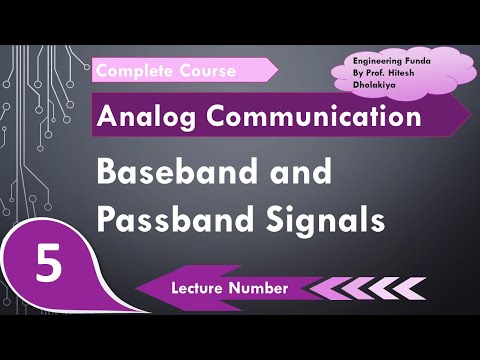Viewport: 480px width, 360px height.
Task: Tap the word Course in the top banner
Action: pos(207,71)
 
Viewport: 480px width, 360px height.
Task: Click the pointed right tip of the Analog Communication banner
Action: pos(470,117)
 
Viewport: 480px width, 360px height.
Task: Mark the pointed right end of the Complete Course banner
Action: pos(277,70)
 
